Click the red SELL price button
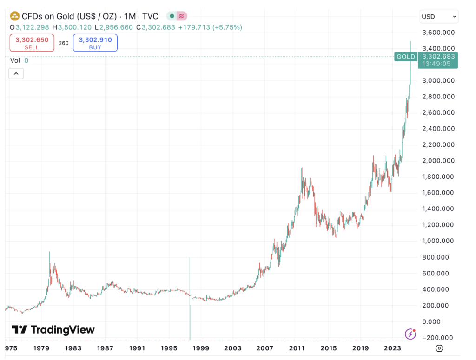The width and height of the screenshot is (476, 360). coord(32,43)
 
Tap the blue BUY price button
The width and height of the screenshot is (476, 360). coord(95,43)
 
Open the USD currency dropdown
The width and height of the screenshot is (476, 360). coord(439,17)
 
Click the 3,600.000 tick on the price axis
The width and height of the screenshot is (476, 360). coord(438,33)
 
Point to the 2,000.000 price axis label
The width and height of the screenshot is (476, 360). coord(438,161)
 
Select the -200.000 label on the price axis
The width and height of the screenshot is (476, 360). coord(438,338)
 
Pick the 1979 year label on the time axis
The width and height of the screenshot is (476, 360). coord(42,348)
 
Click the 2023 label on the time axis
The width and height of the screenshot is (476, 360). coord(393,348)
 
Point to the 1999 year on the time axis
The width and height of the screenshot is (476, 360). coord(200,348)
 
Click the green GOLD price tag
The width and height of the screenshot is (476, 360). coord(405,57)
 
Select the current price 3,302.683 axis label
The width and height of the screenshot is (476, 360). coord(438,57)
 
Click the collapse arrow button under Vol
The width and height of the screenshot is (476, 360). coord(16,73)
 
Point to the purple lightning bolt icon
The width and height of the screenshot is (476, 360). coord(410,334)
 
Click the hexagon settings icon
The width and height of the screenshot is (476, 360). coord(439,348)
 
